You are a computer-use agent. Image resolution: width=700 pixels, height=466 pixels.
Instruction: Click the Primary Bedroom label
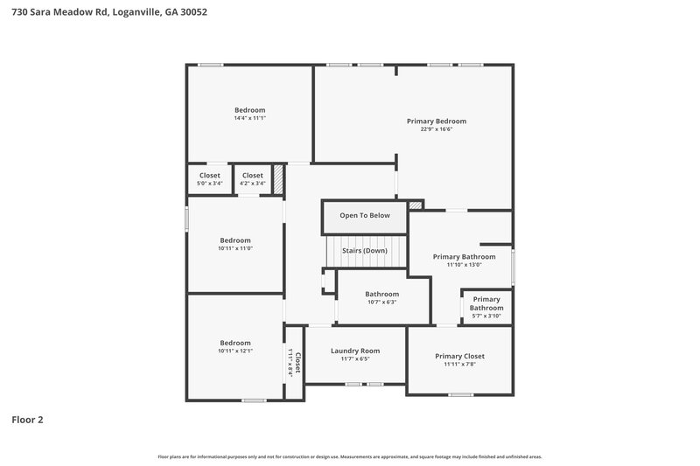pyautogui.click(x=436, y=121)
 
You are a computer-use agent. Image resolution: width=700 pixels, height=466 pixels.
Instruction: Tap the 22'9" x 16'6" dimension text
pyautogui.click(x=436, y=129)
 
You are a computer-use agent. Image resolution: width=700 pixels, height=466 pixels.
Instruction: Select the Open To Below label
pyautogui.click(x=365, y=215)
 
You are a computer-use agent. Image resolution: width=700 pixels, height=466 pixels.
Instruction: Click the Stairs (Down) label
pyautogui.click(x=365, y=250)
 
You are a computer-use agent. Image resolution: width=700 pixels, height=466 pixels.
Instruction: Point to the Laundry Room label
pyautogui.click(x=355, y=351)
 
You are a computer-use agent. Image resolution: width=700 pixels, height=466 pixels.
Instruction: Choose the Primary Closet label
pyautogui.click(x=459, y=356)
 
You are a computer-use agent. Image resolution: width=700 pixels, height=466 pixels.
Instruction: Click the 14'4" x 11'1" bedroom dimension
pyautogui.click(x=249, y=118)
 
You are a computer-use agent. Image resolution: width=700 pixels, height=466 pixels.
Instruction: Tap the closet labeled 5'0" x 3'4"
pyautogui.click(x=209, y=179)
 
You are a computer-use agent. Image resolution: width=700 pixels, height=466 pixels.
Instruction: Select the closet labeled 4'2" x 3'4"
pyautogui.click(x=252, y=179)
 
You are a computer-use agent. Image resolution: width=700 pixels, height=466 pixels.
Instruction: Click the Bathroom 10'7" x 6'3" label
pyautogui.click(x=381, y=298)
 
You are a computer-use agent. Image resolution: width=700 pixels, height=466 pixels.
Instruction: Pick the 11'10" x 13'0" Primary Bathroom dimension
pyautogui.click(x=464, y=265)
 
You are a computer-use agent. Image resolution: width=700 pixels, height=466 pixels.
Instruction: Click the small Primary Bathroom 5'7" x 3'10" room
pyautogui.click(x=486, y=303)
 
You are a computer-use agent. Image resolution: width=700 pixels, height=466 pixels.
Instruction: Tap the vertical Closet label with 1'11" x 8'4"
pyautogui.click(x=295, y=362)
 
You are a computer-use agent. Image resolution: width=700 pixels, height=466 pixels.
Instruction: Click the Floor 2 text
pyautogui.click(x=27, y=420)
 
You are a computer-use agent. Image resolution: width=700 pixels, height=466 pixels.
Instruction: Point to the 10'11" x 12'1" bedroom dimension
pyautogui.click(x=235, y=351)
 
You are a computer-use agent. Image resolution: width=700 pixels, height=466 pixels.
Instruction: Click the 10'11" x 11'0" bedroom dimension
pyautogui.click(x=235, y=248)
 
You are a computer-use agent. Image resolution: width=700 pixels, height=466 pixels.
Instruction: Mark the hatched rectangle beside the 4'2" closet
pyautogui.click(x=279, y=180)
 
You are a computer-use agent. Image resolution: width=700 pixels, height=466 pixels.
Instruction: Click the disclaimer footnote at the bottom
pyautogui.click(x=349, y=456)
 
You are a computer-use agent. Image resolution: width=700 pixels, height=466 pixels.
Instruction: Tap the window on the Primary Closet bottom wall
pyautogui.click(x=460, y=395)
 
